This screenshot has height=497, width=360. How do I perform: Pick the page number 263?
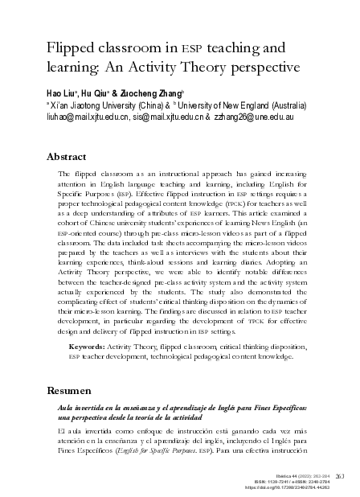341,474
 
